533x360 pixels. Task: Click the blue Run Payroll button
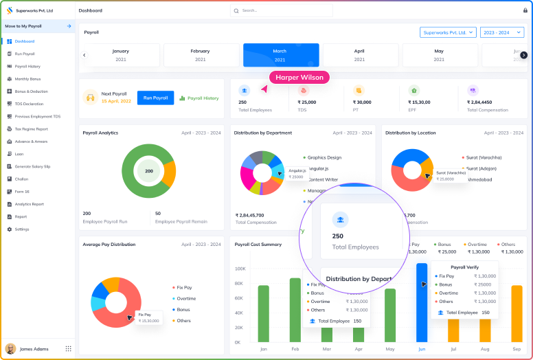(155, 98)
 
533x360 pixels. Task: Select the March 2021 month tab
(280, 55)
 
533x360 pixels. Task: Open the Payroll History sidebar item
(27, 66)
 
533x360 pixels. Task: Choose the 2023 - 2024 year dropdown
(503, 32)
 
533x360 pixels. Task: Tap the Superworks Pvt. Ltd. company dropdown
(448, 32)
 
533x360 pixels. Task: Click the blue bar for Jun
(422, 302)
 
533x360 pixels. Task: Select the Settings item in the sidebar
(22, 229)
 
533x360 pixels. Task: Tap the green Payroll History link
(199, 98)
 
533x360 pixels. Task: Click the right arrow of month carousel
(523, 55)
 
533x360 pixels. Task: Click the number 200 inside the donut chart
(148, 170)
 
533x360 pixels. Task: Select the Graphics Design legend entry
(324, 157)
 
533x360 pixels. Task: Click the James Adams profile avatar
(10, 348)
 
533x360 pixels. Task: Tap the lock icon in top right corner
(525, 11)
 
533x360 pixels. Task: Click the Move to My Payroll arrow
(69, 26)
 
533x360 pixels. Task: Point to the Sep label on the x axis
(516, 349)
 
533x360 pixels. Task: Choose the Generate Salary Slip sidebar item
(32, 166)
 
